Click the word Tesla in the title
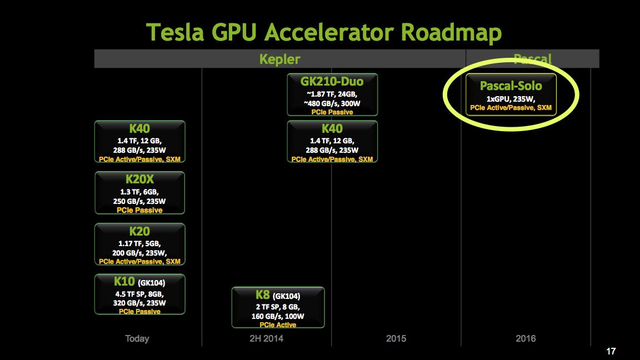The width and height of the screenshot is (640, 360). (175, 32)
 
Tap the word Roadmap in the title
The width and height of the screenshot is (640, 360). (451, 33)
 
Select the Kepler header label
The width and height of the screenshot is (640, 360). (279, 59)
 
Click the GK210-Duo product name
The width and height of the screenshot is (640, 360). (332, 81)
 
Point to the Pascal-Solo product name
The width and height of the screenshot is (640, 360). (511, 86)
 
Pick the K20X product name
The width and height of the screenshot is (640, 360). (139, 179)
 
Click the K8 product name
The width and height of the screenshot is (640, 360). (262, 294)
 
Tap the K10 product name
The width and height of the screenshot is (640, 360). (124, 281)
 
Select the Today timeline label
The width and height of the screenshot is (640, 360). (137, 338)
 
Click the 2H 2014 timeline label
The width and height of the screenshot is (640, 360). (267, 338)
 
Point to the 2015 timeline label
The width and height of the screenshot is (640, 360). (396, 338)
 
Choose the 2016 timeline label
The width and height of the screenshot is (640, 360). (526, 338)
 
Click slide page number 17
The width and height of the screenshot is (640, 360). (611, 351)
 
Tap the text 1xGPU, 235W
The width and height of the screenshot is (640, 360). (511, 99)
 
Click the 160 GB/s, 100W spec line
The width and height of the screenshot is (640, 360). (278, 316)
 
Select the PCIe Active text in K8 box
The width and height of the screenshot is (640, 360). (278, 325)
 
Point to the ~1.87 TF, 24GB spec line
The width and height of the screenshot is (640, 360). (332, 94)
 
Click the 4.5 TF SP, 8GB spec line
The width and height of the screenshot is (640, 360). (139, 294)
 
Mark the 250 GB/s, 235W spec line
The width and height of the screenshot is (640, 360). (139, 201)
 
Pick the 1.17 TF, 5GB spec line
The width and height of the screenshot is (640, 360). (139, 244)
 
